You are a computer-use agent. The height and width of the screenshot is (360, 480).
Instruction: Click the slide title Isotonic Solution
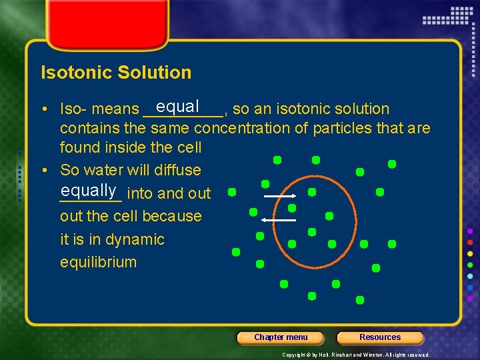pos(116,72)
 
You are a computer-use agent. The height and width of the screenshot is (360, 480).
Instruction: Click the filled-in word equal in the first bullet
pos(178,106)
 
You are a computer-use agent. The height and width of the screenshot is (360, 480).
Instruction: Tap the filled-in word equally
pos(89,191)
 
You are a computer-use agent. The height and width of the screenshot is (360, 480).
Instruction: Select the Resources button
pos(380,337)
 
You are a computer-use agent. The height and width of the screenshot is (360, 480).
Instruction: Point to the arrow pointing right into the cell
pos(279,197)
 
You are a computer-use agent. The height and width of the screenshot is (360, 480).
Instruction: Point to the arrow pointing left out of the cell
pos(278,219)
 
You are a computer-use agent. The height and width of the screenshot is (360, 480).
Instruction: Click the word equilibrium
pos(98,262)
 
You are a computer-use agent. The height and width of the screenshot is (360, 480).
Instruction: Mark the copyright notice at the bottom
pos(356,355)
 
